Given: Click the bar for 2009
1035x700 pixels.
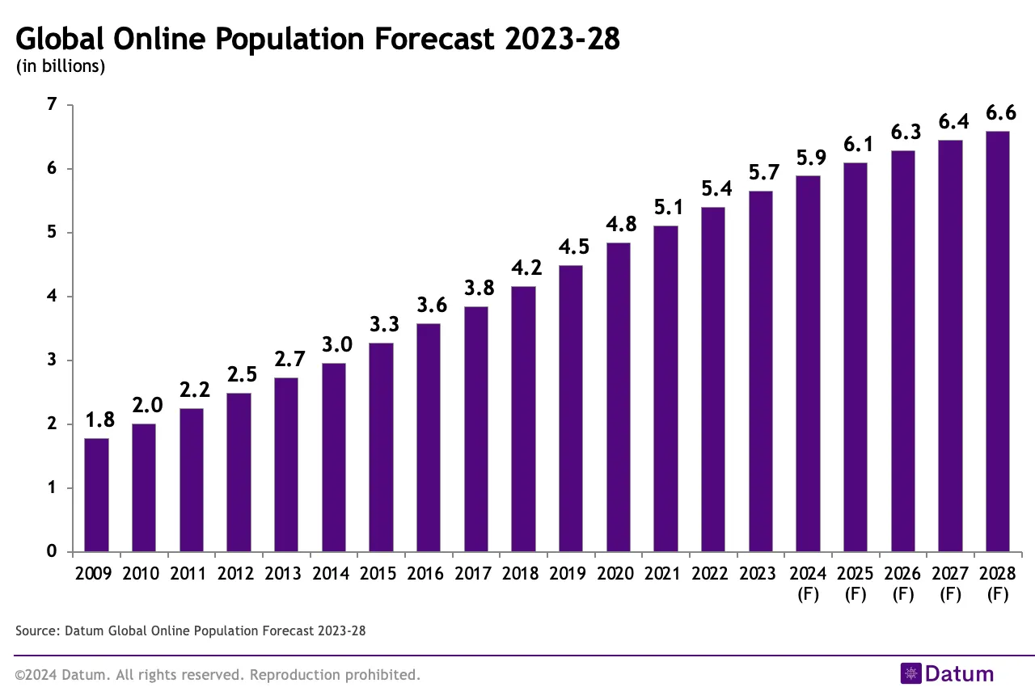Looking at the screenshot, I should (x=96, y=495).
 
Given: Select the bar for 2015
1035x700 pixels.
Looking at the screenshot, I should (x=381, y=447).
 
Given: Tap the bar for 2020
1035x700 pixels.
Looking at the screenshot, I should (x=619, y=397).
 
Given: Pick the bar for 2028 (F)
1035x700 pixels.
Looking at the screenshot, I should (x=998, y=341).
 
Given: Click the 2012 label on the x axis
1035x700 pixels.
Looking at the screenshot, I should (x=239, y=574).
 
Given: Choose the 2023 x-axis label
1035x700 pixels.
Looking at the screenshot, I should (x=760, y=574).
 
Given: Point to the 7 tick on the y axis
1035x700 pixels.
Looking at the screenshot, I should (x=52, y=105).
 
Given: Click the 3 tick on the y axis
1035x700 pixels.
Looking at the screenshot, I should (x=52, y=361).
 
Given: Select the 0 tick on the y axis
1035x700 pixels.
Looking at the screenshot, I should (x=52, y=552).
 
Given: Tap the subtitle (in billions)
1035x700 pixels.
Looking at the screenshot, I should (x=61, y=67).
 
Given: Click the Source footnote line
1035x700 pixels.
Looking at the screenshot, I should (x=191, y=630).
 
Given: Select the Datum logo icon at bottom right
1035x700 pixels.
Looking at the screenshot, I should (x=911, y=673).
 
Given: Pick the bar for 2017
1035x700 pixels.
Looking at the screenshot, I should (x=476, y=429).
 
